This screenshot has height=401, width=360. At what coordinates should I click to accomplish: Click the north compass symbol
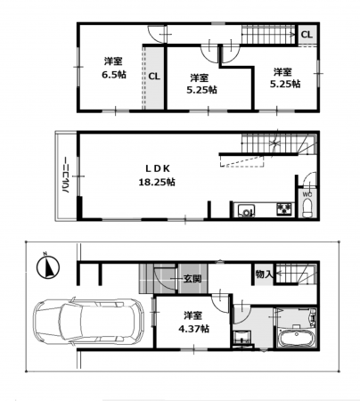point(48,266)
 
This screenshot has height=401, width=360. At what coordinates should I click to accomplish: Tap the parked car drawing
point(89,322)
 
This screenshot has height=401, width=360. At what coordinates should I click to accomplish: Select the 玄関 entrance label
point(192,279)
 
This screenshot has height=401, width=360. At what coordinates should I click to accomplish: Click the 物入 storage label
point(264,274)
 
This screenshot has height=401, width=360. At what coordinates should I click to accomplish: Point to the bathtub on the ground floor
point(296,338)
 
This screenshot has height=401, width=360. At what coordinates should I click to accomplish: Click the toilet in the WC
point(307,209)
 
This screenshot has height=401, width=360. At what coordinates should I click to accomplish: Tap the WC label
point(307,194)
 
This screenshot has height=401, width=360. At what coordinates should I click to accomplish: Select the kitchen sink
point(246,210)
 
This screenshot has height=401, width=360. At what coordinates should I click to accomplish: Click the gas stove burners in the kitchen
point(285,209)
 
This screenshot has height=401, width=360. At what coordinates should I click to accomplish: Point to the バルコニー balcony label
point(67,176)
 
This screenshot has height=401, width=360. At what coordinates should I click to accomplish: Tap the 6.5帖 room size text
point(114,75)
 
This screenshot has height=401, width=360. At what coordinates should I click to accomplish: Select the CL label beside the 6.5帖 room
point(154,77)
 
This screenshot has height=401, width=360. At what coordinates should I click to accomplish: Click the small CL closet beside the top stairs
point(307,35)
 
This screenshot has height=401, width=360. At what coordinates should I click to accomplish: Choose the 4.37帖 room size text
point(193,328)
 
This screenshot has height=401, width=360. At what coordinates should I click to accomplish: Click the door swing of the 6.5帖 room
point(155,37)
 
